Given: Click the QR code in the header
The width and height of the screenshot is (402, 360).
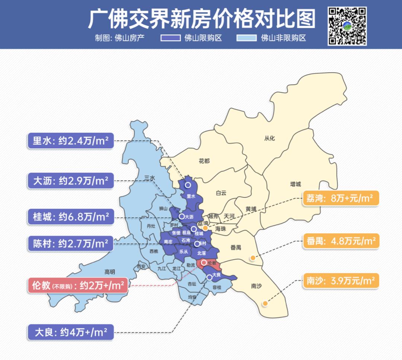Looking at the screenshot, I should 347,26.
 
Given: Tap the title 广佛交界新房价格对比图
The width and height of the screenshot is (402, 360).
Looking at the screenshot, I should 201,18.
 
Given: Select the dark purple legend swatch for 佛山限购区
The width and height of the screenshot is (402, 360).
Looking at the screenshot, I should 170,38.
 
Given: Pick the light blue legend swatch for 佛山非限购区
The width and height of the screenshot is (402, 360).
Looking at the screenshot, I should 246,38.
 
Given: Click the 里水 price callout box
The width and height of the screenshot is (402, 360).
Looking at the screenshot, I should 70,141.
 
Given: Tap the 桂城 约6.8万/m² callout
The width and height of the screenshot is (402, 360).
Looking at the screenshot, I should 70,217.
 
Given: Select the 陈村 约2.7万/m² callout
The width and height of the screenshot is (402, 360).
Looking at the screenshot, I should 70,244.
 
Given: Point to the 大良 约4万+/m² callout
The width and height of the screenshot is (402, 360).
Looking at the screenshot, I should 70,332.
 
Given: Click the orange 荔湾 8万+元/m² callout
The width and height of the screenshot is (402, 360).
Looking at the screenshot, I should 340,198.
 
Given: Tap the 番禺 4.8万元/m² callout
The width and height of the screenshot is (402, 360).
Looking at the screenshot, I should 340,241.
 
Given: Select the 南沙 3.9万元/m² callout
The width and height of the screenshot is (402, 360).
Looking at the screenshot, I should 340,281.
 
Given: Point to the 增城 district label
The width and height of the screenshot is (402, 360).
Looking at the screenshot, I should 296,184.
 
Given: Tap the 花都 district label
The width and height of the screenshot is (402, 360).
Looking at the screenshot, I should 204,161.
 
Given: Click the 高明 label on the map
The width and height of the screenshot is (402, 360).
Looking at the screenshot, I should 110,271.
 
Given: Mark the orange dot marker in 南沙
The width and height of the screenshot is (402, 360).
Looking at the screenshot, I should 265,303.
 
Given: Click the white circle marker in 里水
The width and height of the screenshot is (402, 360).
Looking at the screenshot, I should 188,184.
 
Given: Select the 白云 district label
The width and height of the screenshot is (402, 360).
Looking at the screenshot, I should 221,193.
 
